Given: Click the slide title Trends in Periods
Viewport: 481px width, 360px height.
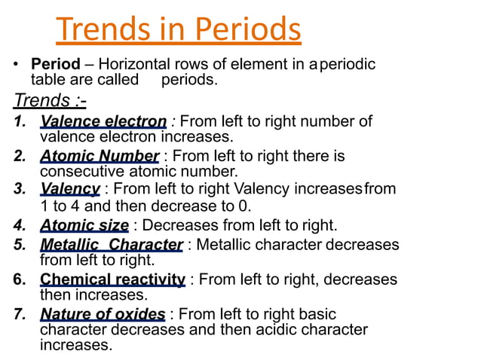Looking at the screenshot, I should pos(179,29).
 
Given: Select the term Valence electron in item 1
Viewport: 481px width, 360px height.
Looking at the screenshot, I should pos(103,121).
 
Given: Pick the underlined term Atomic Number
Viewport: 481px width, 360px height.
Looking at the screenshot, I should pos(99,157).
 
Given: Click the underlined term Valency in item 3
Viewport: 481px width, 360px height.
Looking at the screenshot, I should pos(69,188).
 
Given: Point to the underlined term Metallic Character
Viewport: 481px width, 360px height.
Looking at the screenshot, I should pos(111,245).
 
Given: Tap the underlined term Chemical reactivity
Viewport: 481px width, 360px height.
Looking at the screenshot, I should pos(112,279).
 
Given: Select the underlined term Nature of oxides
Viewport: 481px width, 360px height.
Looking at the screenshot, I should pos(103,314).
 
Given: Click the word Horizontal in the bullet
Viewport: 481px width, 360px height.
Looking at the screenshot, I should pos(132,65).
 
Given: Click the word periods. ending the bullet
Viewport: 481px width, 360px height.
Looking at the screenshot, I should pos(189,79).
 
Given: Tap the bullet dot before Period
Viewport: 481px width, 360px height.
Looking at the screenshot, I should pos(16,65).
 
